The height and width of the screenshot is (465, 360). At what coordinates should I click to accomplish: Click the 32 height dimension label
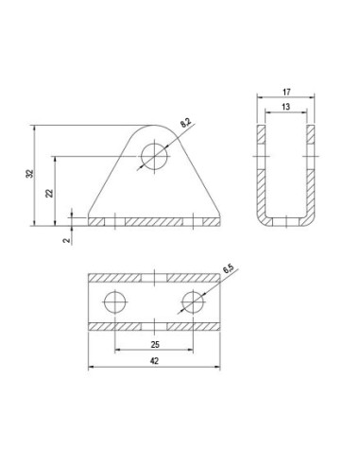(29, 174)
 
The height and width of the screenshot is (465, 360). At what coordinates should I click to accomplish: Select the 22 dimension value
(50, 193)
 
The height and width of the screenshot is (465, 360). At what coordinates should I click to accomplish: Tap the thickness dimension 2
(66, 240)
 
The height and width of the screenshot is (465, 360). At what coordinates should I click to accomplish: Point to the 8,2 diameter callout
(185, 123)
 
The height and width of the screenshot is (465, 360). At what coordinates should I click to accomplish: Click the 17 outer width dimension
(286, 93)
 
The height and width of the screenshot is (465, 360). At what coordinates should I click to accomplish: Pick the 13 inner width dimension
(285, 107)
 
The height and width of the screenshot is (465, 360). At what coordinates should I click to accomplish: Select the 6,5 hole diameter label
(228, 269)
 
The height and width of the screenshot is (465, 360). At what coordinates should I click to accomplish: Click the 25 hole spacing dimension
(155, 345)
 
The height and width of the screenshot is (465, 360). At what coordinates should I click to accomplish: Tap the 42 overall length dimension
(154, 361)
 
